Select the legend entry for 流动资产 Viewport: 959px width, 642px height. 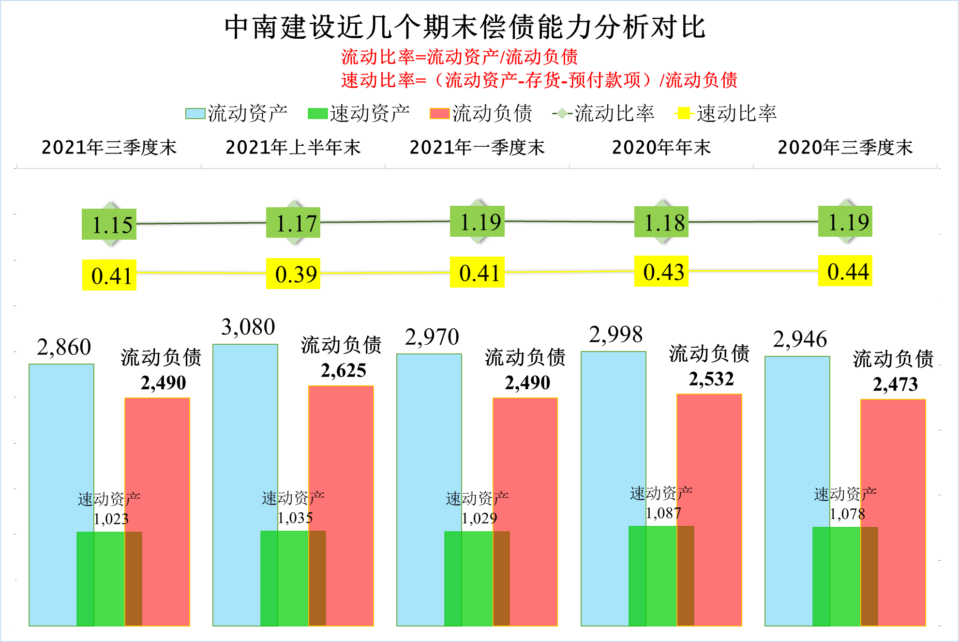point(237,113)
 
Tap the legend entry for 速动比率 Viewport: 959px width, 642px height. point(726,113)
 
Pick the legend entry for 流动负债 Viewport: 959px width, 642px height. point(481,113)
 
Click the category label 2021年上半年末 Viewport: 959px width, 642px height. point(293,147)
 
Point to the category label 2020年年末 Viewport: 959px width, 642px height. point(661,147)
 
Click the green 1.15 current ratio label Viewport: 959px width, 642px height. point(109,224)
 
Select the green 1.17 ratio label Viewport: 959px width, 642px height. point(293,223)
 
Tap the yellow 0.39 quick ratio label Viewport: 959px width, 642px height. point(293,274)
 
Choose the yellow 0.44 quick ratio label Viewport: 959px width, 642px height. point(845,271)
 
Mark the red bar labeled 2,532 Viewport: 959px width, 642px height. point(709,460)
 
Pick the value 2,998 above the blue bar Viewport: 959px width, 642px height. point(615,335)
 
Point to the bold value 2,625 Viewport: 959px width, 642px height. point(344,371)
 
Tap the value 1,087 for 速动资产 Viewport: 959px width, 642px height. point(663,513)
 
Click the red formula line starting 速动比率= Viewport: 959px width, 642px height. point(539,80)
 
